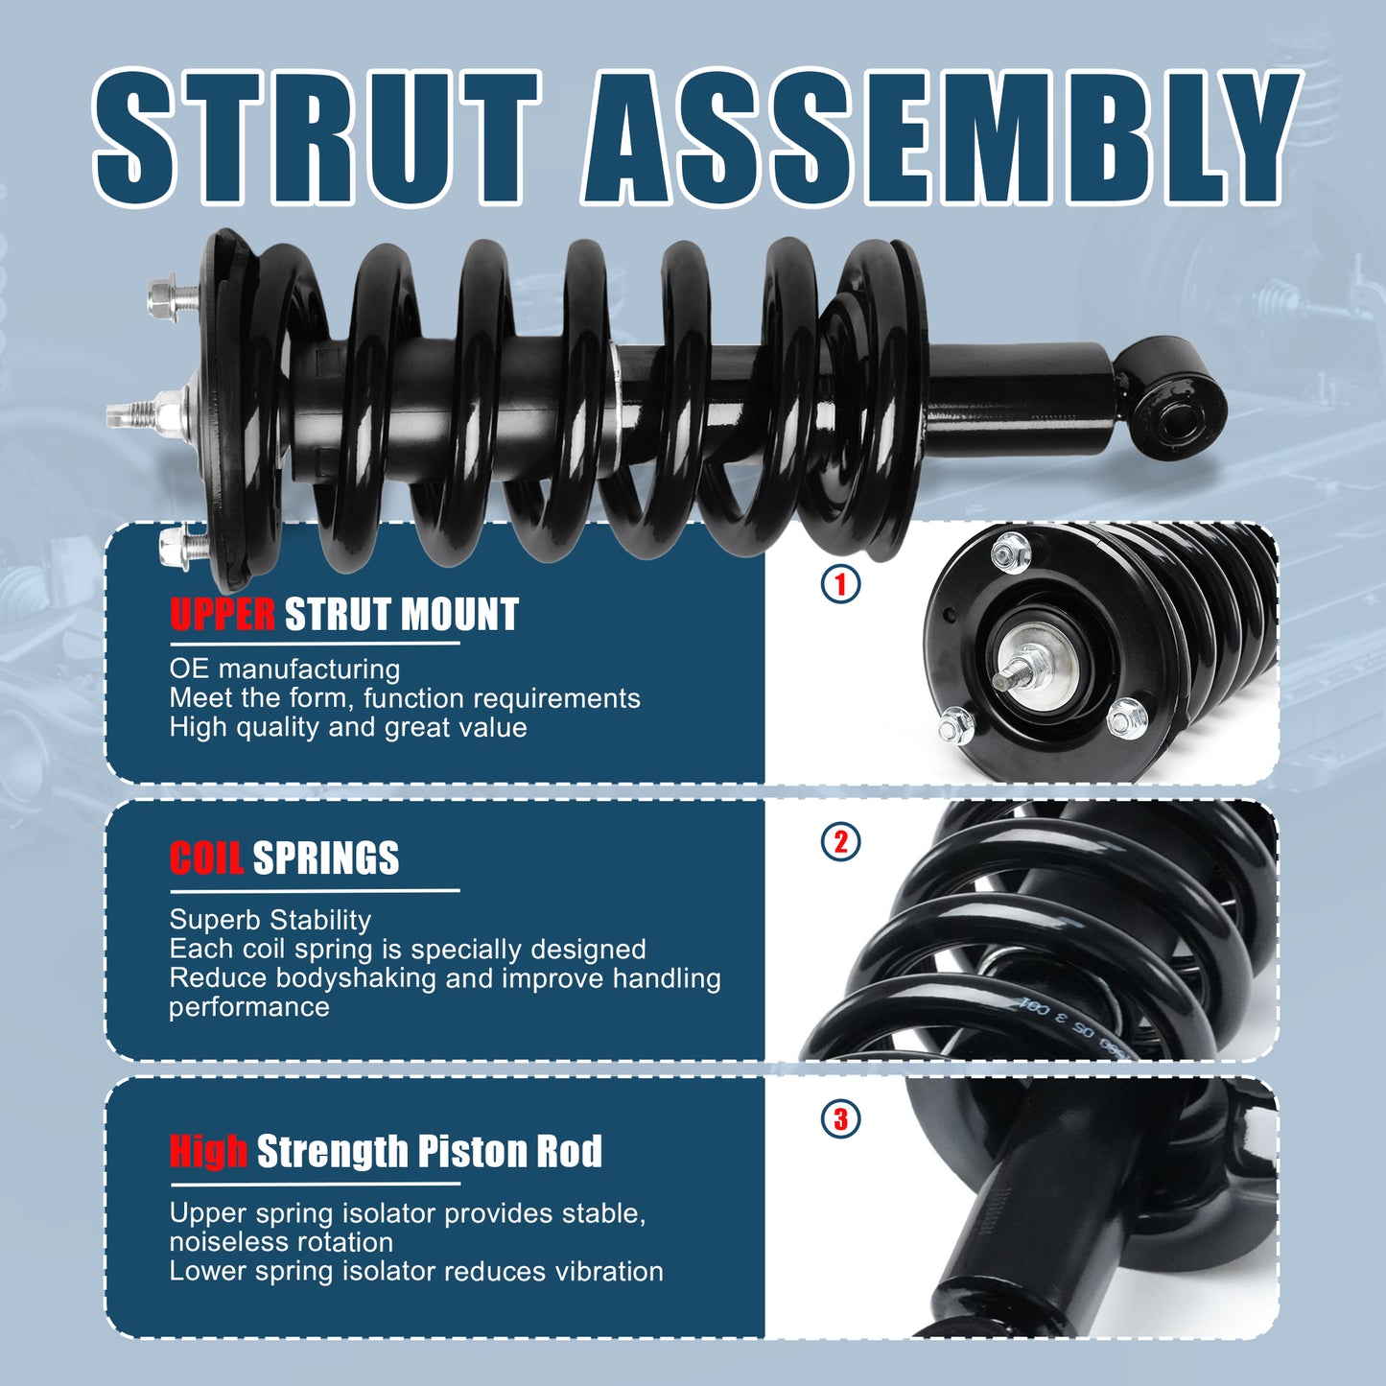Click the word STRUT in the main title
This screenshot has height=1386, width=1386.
click(317, 136)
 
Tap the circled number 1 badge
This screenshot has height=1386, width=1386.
click(841, 584)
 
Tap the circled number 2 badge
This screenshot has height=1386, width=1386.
click(841, 842)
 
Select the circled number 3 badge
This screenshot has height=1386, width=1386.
click(841, 1118)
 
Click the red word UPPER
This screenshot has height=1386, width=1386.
click(223, 615)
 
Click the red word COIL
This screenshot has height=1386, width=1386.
click(206, 858)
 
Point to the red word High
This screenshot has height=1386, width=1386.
click(208, 1151)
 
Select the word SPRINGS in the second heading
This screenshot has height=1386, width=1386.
click(326, 858)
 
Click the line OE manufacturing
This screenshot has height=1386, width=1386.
click(285, 670)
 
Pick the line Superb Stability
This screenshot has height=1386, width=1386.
click(270, 920)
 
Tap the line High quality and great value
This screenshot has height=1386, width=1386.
click(348, 727)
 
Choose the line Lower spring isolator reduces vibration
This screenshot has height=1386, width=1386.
click(416, 1272)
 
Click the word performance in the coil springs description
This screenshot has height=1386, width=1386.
click(249, 1007)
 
